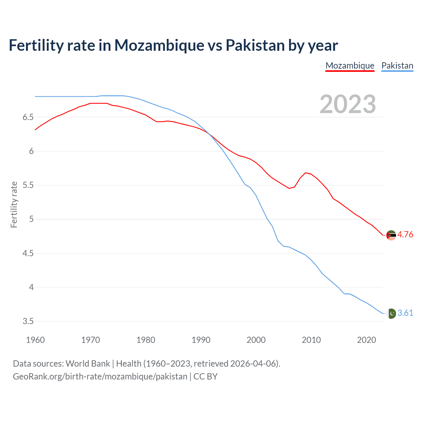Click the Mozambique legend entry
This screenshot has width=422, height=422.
click(x=350, y=66)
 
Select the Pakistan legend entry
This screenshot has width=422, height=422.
click(x=397, y=66)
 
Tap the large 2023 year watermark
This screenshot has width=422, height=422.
click(x=347, y=104)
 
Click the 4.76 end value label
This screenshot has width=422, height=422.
click(x=405, y=234)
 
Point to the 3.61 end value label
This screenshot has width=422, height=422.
click(x=405, y=313)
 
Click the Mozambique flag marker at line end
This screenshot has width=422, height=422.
click(x=391, y=235)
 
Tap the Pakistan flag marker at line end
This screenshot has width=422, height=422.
click(x=391, y=313)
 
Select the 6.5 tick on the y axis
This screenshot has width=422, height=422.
click(x=28, y=117)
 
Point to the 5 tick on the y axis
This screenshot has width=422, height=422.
click(x=31, y=219)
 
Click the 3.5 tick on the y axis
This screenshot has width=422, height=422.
click(x=28, y=321)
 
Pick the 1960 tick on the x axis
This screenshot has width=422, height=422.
click(x=35, y=340)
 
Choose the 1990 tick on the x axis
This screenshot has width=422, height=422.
click(x=201, y=340)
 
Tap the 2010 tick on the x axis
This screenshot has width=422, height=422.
click(x=311, y=340)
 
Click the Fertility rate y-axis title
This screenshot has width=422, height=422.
click(x=14, y=204)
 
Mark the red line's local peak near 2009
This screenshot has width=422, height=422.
click(x=306, y=173)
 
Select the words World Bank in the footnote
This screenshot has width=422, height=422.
click(x=88, y=364)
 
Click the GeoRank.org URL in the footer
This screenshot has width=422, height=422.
click(x=100, y=377)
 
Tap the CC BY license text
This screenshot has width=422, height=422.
click(x=205, y=377)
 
